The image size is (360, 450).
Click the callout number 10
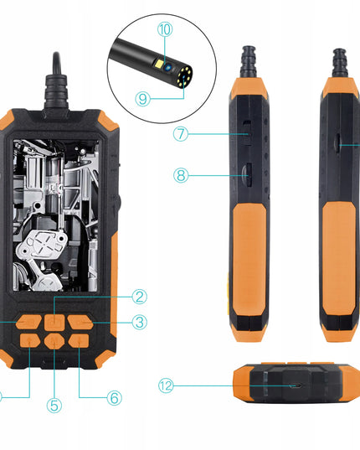[165, 29]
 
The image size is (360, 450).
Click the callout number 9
[142, 99]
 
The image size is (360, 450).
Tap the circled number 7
[181, 134]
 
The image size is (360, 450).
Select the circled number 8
[181, 175]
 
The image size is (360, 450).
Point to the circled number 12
[166, 385]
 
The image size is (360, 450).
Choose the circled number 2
[140, 297]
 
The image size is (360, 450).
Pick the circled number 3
[140, 322]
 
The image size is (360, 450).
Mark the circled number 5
[54, 406]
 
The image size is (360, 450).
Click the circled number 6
[115, 398]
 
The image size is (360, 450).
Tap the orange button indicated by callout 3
[80, 322]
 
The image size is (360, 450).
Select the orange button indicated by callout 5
[54, 342]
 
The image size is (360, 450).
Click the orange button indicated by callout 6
[79, 341]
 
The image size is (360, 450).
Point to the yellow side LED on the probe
[159, 64]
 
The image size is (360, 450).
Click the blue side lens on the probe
[168, 68]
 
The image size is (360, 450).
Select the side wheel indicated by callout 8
[247, 174]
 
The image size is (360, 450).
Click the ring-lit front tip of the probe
[185, 76]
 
